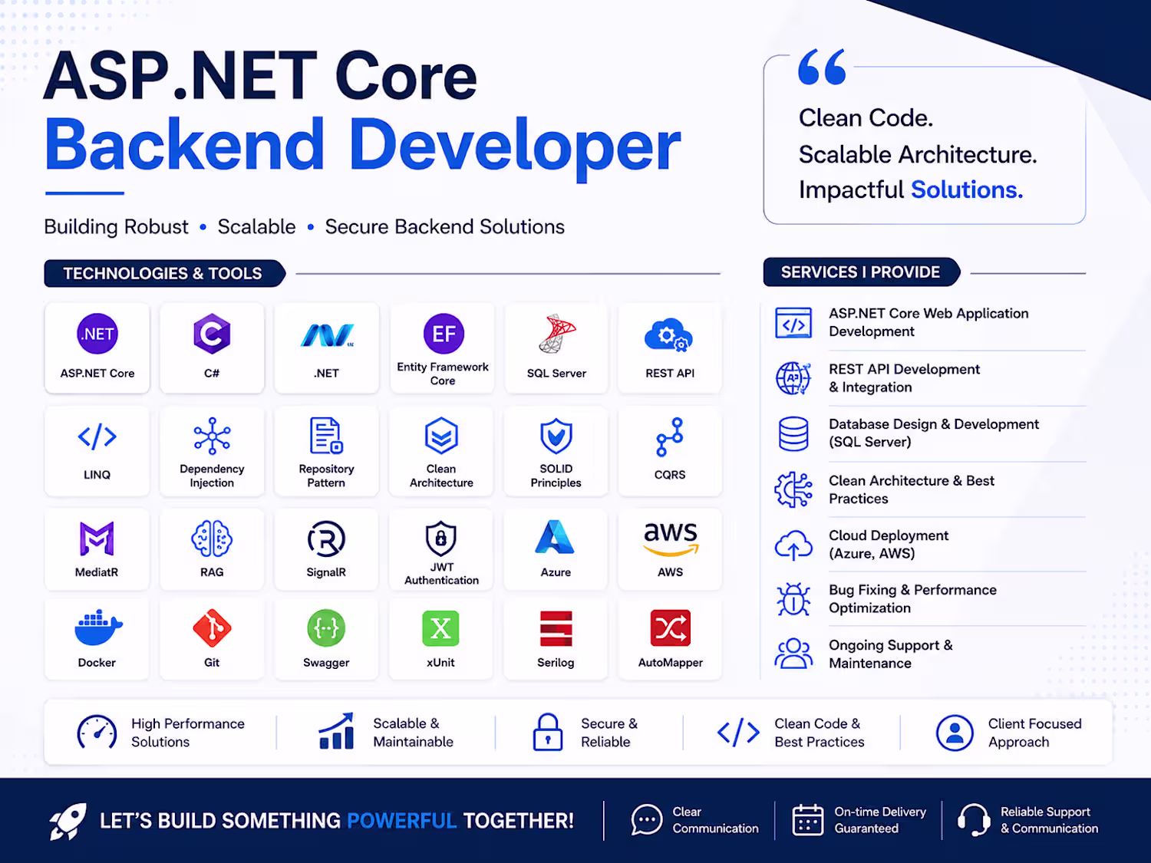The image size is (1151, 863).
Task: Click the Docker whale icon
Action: pos(98,627)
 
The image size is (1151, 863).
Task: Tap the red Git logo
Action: pos(212,627)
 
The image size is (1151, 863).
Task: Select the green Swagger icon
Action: pos(326,627)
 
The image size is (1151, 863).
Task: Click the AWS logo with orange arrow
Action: pos(671,539)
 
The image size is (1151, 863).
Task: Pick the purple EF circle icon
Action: pos(444,334)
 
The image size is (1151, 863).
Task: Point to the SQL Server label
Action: pos(556,373)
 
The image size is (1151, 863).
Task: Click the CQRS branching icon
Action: pos(670,436)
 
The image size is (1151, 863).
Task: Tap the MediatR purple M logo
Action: pos(97,539)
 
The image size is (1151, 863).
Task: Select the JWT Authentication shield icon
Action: pos(441,539)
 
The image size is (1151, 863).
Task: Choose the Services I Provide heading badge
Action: pos(862,272)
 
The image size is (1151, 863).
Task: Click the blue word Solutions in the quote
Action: pos(967,189)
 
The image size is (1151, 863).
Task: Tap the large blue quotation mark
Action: pos(822,67)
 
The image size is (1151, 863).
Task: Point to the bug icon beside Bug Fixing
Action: pos(793,599)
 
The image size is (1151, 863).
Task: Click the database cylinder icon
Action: pos(793,434)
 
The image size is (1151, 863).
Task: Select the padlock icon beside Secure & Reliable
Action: pos(547,732)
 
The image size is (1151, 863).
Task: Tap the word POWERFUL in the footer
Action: pos(401,821)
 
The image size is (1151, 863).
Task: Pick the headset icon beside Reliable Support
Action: pos(974,819)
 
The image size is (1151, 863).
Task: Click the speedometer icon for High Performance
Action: pos(97,732)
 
